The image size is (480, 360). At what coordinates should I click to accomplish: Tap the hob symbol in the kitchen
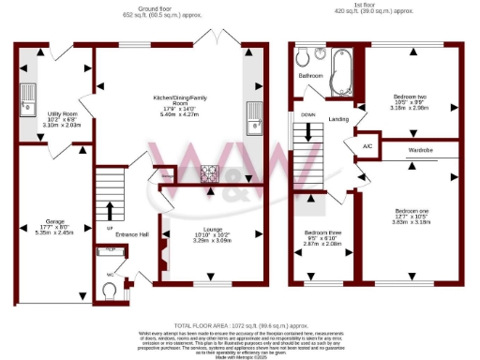click(208, 172)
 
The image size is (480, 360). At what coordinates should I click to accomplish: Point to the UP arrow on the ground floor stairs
click(110, 210)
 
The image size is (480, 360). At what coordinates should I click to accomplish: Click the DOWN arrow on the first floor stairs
click(307, 131)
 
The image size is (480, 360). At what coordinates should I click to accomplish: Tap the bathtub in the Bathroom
click(337, 67)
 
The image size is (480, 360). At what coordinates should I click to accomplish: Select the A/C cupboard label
click(368, 146)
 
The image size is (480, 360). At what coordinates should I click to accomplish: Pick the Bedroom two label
click(409, 101)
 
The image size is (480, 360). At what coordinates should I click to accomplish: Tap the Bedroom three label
click(322, 237)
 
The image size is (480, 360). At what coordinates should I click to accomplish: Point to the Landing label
click(338, 119)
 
